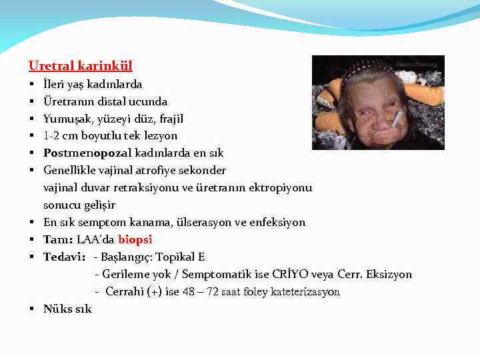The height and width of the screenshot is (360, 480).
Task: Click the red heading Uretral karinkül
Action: tap(81, 66)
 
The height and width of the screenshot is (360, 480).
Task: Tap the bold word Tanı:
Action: tap(59, 239)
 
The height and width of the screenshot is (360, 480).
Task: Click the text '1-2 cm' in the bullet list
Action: tap(60, 136)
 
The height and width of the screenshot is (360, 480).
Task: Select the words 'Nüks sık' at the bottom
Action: tap(67, 309)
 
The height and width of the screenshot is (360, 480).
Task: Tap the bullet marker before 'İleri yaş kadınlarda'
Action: tap(32, 85)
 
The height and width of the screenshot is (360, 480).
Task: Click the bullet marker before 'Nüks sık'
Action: tap(32, 309)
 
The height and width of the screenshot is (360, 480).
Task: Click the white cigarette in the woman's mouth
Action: tap(397, 119)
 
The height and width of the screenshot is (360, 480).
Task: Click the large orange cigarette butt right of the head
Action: tap(425, 93)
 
